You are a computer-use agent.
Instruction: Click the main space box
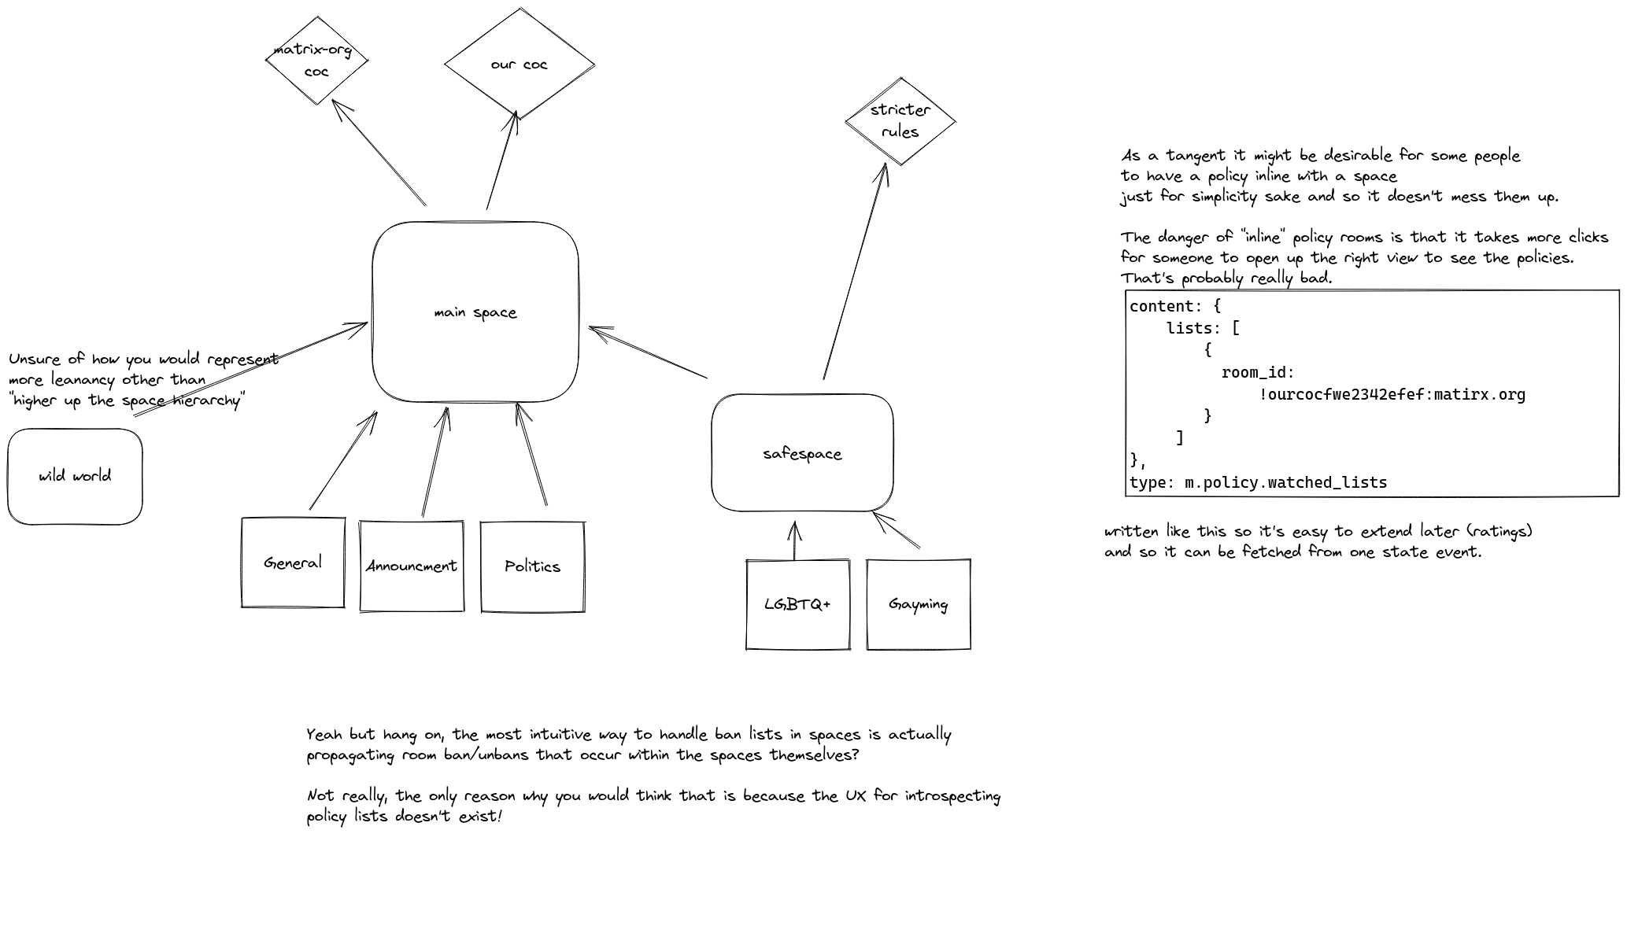pos(475,312)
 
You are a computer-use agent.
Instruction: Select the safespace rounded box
pos(801,453)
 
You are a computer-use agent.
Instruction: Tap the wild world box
pos(75,476)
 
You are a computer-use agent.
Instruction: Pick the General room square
pos(293,563)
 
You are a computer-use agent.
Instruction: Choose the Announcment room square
pos(411,566)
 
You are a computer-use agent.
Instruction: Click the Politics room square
pos(532,566)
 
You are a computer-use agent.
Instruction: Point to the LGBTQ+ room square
pos(797,604)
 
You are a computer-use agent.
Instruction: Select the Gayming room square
pos(918,604)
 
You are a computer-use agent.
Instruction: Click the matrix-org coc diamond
pos(316,61)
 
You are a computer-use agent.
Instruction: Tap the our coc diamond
pos(519,65)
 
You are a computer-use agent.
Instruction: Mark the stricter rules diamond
pos(900,121)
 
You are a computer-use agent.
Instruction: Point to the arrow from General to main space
pos(342,461)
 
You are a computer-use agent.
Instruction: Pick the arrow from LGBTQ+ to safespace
pos(794,540)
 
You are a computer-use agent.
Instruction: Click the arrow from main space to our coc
pos(501,161)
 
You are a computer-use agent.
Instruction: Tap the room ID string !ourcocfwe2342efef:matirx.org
pos(1392,394)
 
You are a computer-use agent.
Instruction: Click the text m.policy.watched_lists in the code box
pos(1285,482)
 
